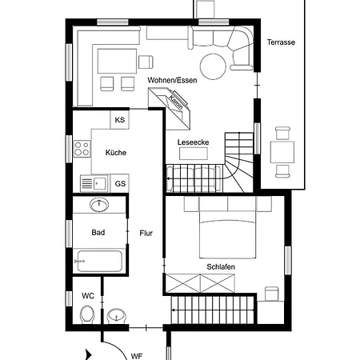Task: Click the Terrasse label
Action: pyautogui.click(x=281, y=42)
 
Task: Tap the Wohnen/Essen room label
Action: pyautogui.click(x=172, y=80)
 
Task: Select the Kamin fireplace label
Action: pyautogui.click(x=176, y=102)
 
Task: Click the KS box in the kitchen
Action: pyautogui.click(x=120, y=120)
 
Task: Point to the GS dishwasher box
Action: pyautogui.click(x=120, y=183)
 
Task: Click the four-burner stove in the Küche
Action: pyautogui.click(x=82, y=149)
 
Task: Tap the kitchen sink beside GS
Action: pyautogui.click(x=94, y=183)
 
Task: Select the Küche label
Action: pyautogui.click(x=116, y=153)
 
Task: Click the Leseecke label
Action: pyautogui.click(x=194, y=142)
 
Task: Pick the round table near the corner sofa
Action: pyautogui.click(x=214, y=66)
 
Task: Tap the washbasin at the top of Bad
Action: pyautogui.click(x=99, y=205)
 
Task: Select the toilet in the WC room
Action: pyautogui.click(x=87, y=314)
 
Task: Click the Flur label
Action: pyautogui.click(x=146, y=233)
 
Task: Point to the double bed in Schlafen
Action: pyautogui.click(x=228, y=234)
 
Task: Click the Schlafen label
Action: pyautogui.click(x=221, y=266)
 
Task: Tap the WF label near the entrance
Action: pyautogui.click(x=137, y=356)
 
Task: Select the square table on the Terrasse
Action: pyautogui.click(x=282, y=152)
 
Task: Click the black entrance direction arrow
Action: pyautogui.click(x=88, y=355)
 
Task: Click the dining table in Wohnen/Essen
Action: pyautogui.click(x=118, y=61)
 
